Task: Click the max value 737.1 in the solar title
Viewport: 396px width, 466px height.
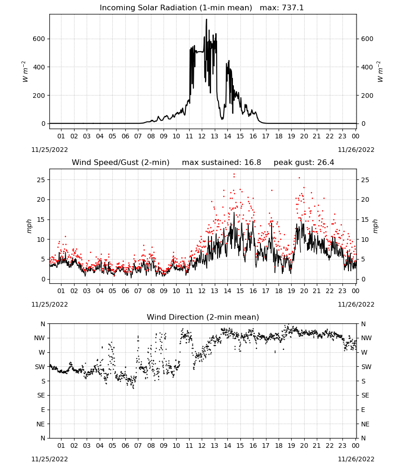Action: click(293, 8)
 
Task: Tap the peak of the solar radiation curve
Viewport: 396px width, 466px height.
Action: click(206, 19)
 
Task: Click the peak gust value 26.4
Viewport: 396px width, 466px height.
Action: click(325, 163)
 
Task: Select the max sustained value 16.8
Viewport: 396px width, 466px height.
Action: click(253, 163)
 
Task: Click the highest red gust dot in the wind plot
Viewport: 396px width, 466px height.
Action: click(234, 174)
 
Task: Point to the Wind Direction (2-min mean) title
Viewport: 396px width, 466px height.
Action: click(203, 317)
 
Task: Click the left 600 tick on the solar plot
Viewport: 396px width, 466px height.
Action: click(39, 39)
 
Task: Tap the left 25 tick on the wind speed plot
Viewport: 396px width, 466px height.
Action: click(41, 180)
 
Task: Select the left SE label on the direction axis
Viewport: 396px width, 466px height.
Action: click(41, 395)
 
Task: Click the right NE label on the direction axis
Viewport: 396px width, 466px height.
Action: click(365, 424)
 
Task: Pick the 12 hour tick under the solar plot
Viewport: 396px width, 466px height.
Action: click(202, 136)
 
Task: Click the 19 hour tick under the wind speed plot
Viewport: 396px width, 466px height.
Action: click(291, 291)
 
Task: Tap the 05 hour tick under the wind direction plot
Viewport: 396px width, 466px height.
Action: click(112, 445)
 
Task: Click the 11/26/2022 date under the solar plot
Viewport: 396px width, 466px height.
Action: click(356, 150)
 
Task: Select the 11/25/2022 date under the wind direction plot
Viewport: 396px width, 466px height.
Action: click(49, 459)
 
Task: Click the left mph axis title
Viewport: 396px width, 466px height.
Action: click(29, 226)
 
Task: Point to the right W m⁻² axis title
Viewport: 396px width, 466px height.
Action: click(380, 72)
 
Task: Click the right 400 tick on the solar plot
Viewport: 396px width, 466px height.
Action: click(367, 67)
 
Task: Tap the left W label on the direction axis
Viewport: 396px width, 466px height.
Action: click(42, 352)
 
